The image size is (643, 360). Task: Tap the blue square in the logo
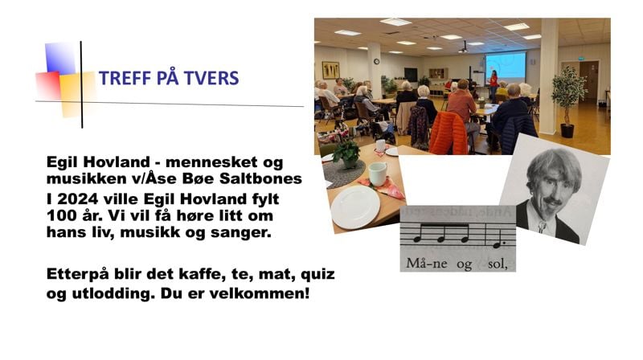click(60, 58)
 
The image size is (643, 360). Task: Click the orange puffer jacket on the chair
click(448, 133)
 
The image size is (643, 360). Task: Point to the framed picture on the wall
click(330, 69)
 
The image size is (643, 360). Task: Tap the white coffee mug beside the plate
click(378, 173)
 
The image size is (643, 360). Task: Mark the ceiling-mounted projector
click(463, 49)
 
